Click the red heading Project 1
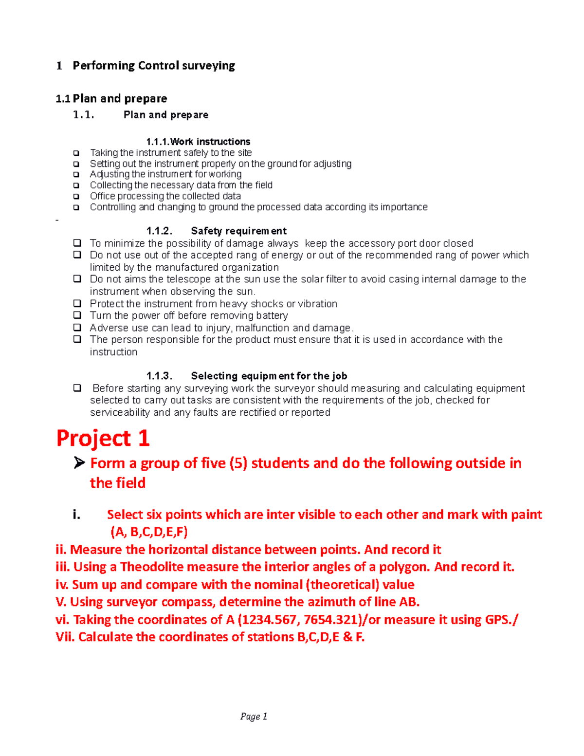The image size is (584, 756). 103,438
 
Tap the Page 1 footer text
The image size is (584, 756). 254,716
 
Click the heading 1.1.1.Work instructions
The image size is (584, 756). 198,142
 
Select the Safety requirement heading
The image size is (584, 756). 238,231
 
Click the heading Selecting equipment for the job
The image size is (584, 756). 269,376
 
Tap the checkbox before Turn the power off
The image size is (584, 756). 77,315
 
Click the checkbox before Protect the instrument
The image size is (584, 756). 77,303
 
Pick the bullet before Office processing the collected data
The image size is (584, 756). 76,196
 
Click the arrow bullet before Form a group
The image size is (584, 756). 79,463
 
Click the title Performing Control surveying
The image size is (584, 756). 154,66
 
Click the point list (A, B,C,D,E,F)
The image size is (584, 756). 149,532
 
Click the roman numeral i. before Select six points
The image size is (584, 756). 76,515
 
